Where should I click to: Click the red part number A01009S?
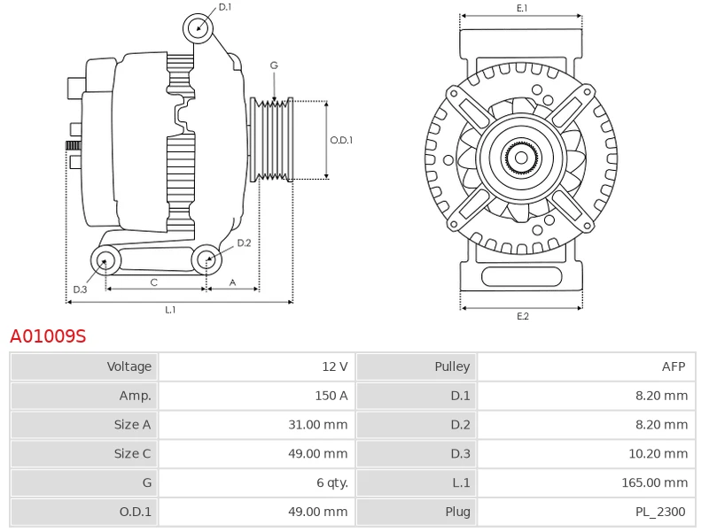(48, 336)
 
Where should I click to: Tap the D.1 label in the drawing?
(225, 7)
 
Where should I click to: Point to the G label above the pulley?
(274, 66)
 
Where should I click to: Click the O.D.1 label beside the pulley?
(341, 140)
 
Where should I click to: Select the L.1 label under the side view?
(170, 310)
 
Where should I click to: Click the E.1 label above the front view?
(522, 8)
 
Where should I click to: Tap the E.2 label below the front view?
(522, 316)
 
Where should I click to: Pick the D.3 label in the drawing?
(80, 289)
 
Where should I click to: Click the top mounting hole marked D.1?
(199, 28)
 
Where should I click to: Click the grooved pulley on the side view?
(272, 140)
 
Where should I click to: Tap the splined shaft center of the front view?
(521, 158)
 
